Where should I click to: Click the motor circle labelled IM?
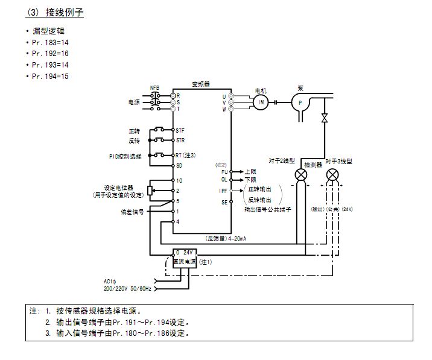point(261,102)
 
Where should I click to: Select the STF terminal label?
point(180,130)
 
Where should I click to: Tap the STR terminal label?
point(180,141)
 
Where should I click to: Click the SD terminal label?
point(179,165)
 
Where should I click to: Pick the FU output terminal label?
point(224,172)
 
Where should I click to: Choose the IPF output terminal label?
point(223,191)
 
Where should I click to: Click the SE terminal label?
point(224,203)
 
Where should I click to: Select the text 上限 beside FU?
point(250,172)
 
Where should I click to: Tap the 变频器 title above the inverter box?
point(201,84)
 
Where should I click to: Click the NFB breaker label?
point(155,88)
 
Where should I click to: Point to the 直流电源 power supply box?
point(183,262)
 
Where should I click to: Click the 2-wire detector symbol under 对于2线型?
point(300,174)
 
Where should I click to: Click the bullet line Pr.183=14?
point(51,42)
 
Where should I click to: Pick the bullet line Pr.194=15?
point(51,76)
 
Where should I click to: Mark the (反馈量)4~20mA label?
point(224,238)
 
